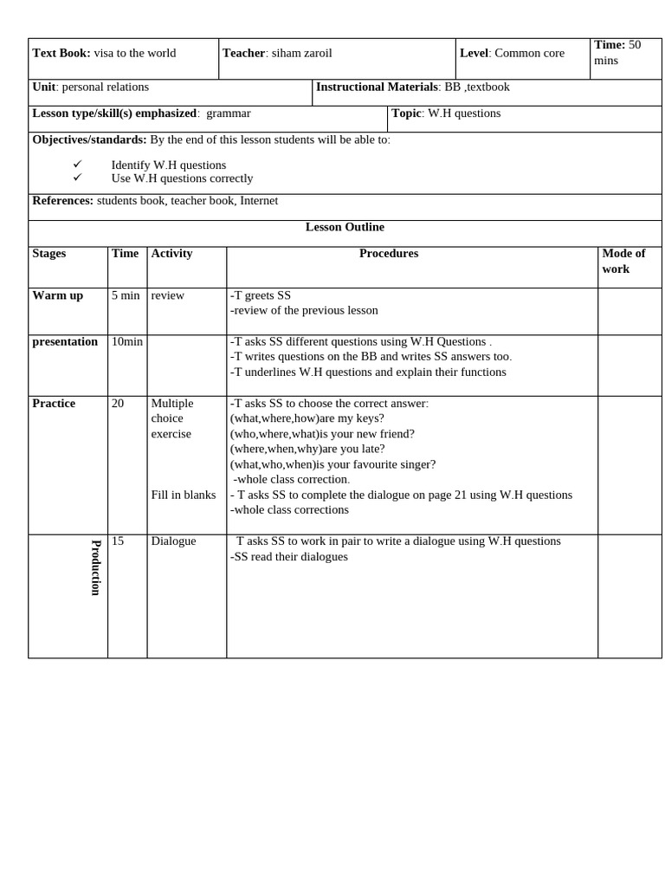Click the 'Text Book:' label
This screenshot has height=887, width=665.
[x=61, y=53]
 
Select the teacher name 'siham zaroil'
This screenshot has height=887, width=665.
[x=301, y=53]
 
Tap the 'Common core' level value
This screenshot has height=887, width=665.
[x=529, y=53]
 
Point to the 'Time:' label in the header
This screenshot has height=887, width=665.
[x=610, y=45]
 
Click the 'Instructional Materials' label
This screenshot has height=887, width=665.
[x=377, y=87]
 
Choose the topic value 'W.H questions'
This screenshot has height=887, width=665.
[x=464, y=113]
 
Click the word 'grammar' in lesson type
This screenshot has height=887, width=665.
[x=229, y=113]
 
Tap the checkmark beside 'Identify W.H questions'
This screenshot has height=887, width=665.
[x=77, y=165]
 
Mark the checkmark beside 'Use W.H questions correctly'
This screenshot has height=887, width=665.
[x=77, y=178]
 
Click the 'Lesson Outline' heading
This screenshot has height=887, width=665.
[x=345, y=227]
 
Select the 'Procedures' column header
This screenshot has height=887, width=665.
[x=389, y=254]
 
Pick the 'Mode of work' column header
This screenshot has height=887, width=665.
[x=623, y=261]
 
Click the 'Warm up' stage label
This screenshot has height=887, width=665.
[x=58, y=295]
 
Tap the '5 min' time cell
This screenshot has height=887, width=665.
[x=126, y=295]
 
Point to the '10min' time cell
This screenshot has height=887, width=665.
[x=127, y=341]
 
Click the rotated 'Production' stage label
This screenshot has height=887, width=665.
[x=96, y=567]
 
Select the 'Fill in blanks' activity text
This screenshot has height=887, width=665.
[x=184, y=495]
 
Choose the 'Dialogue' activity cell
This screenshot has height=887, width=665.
[x=173, y=541]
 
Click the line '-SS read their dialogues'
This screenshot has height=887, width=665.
[x=289, y=557]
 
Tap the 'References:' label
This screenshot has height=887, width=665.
[x=63, y=201]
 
